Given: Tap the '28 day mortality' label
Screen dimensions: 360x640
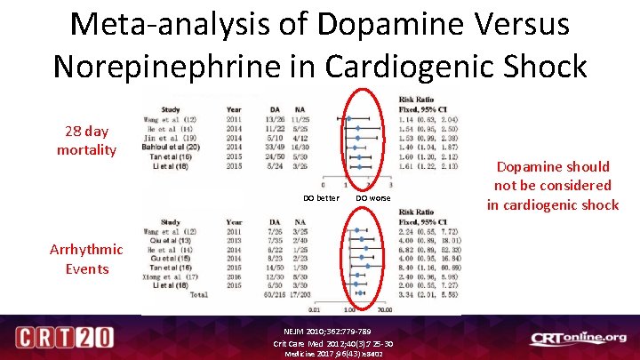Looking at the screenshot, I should (86, 140).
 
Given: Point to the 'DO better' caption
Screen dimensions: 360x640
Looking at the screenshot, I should (321, 197).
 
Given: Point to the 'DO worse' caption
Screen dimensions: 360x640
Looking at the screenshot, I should (372, 197).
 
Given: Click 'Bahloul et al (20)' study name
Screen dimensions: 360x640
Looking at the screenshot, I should (177, 147).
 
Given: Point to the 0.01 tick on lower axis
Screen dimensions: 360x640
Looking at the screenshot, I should (315, 311).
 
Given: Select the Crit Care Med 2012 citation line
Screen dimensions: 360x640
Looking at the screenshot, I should (333, 343).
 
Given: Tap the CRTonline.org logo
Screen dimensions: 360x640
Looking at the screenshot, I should (578, 338).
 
